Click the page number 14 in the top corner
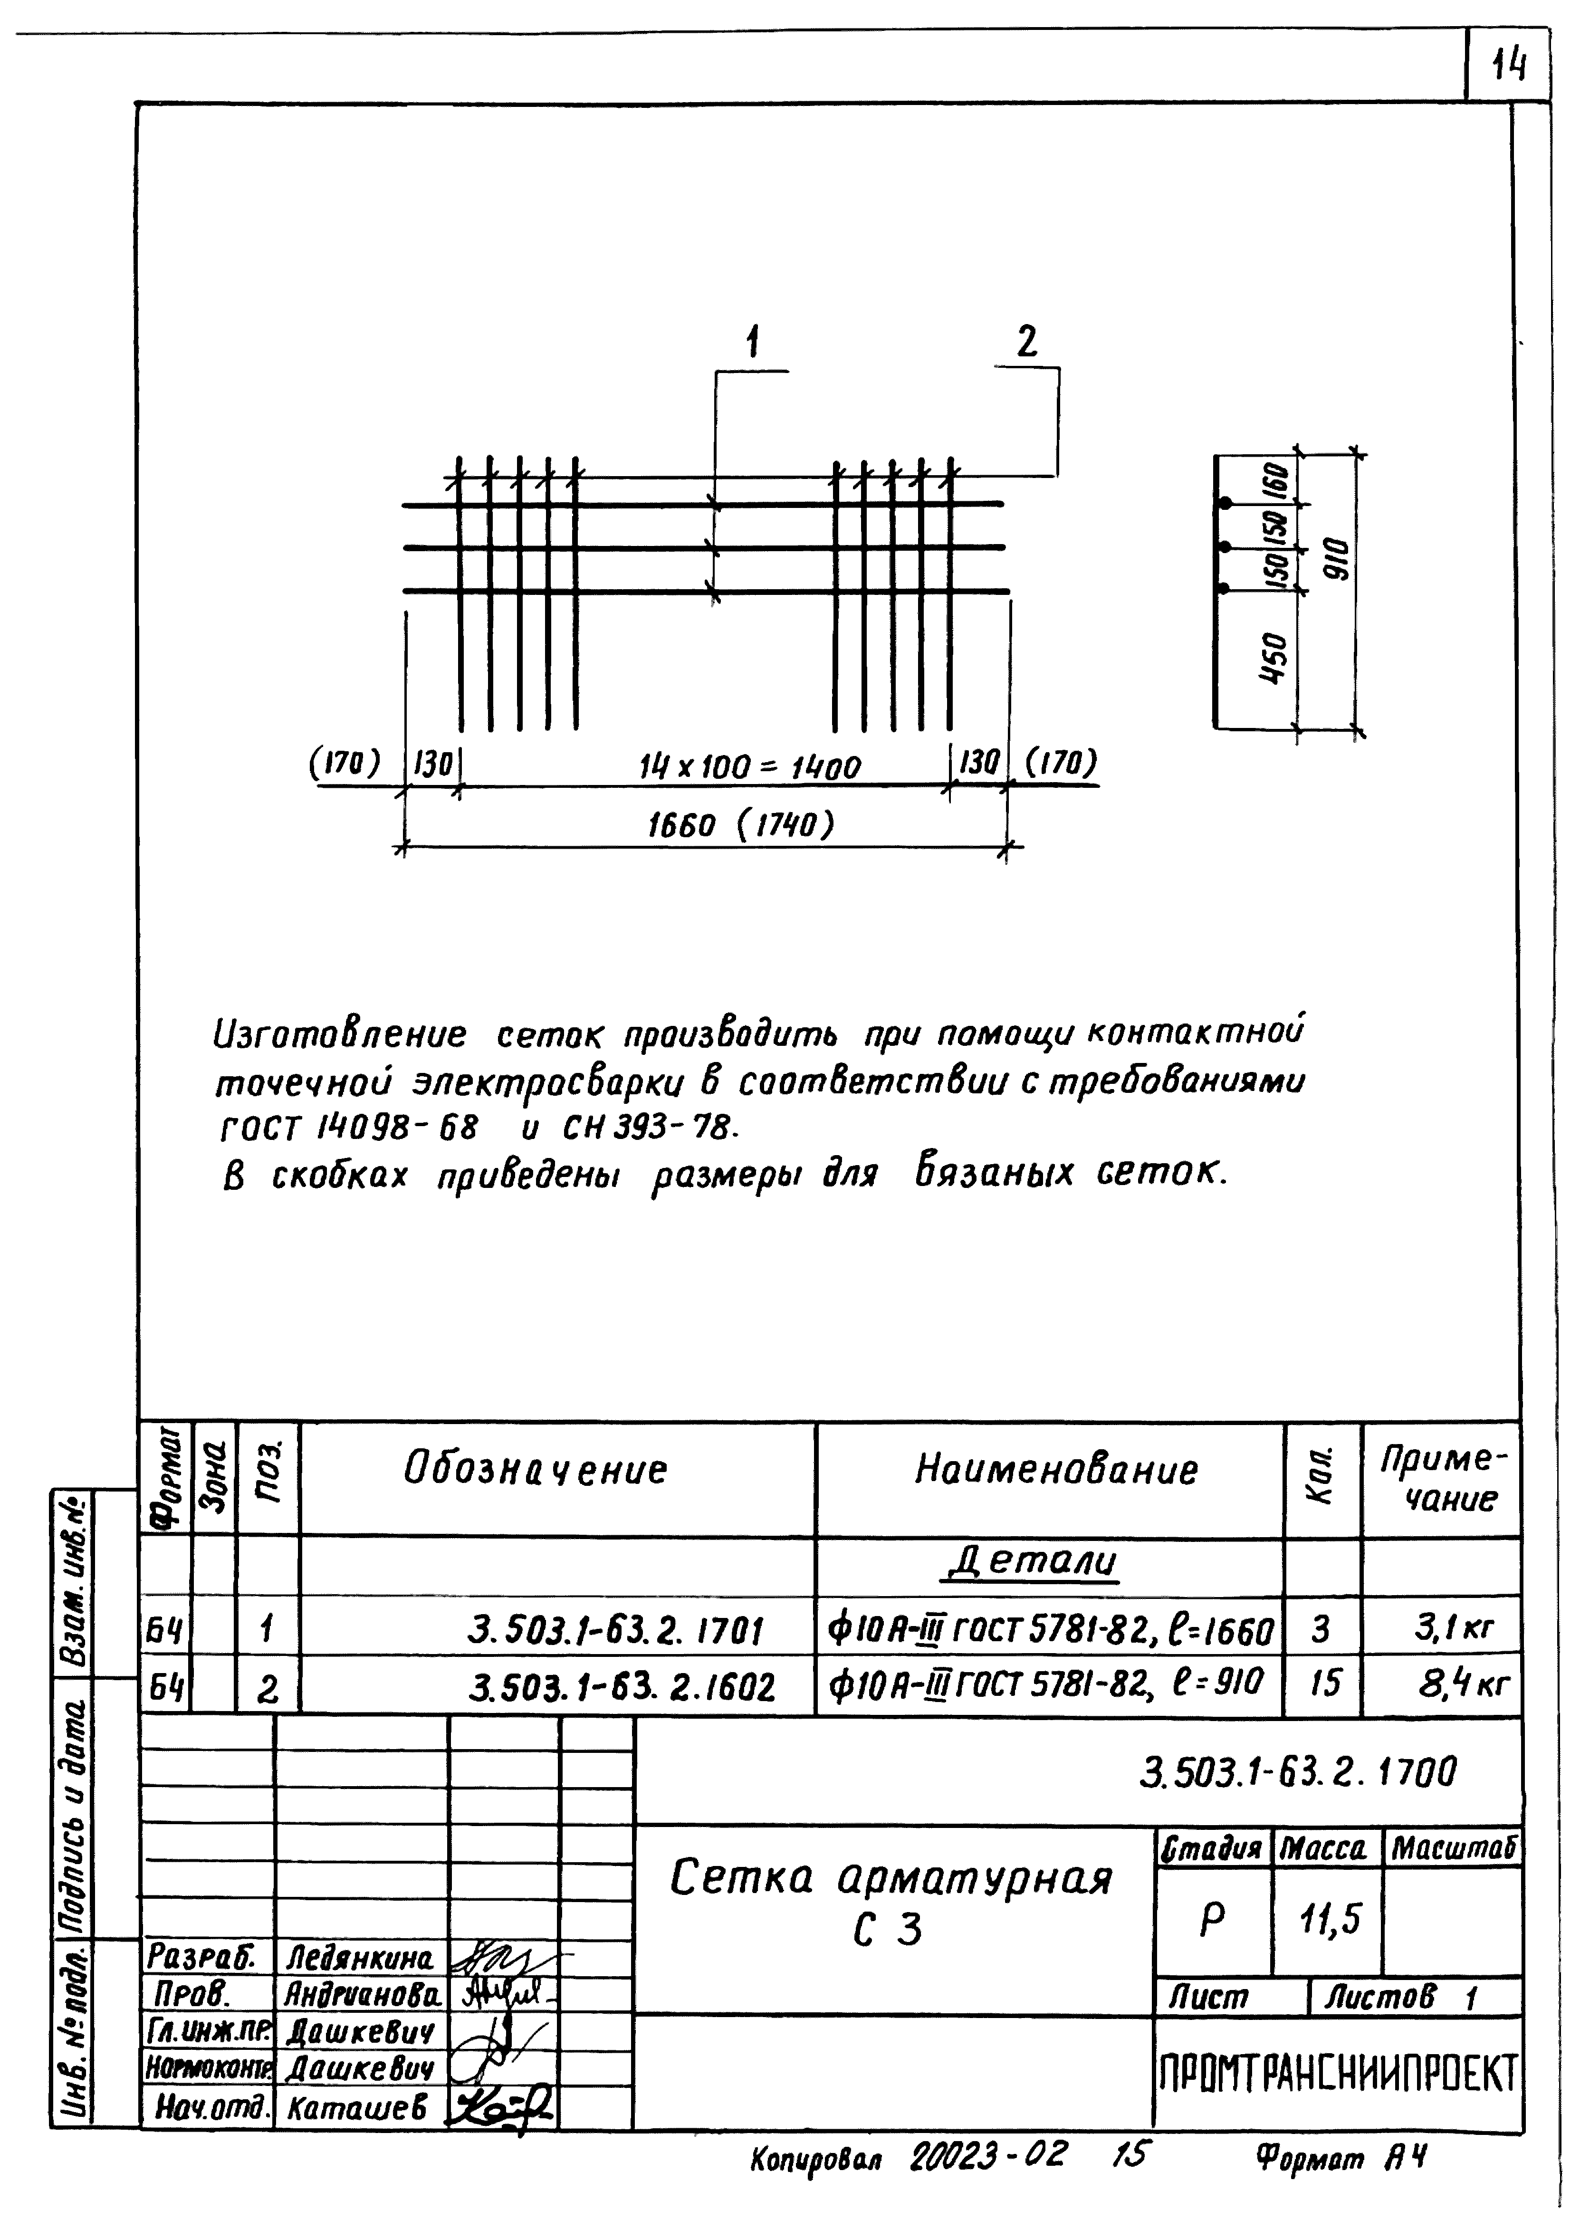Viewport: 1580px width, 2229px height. coord(1509,66)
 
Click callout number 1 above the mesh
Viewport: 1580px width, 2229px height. coord(752,344)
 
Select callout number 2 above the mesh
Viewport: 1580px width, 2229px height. coord(1026,343)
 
